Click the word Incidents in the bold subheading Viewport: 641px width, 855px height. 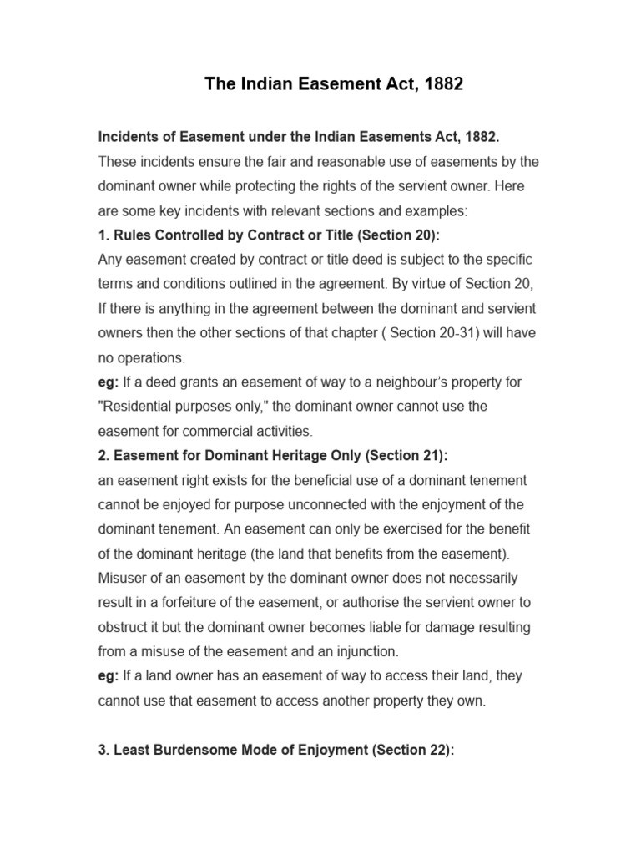[127, 136]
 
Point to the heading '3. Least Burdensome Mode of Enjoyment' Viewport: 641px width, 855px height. [275, 751]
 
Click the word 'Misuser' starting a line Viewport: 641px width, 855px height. [123, 578]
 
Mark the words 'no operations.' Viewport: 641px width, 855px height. [142, 357]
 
